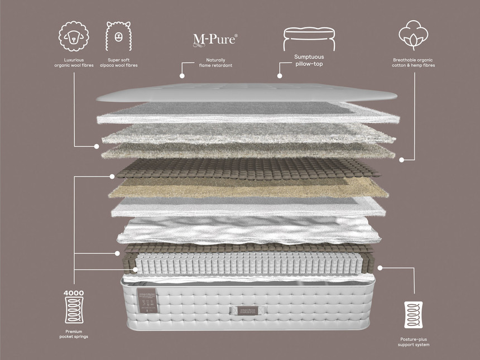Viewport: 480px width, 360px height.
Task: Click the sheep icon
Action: pos(74,37)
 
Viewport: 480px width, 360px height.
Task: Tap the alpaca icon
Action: pos(118,37)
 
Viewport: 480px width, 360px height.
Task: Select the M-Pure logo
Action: pos(215,39)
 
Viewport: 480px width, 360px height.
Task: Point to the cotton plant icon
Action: pos(414,35)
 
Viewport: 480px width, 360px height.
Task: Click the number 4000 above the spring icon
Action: pos(74,292)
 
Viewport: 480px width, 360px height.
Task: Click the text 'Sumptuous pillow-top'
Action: pos(309,60)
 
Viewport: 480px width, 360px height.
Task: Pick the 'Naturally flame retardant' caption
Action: pos(215,63)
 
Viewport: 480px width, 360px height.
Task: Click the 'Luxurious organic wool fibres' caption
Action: pos(74,63)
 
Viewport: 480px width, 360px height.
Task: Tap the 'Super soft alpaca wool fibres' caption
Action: pos(118,63)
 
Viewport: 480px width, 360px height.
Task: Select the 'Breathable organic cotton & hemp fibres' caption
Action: pos(414,63)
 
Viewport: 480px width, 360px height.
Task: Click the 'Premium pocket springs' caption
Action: pos(74,334)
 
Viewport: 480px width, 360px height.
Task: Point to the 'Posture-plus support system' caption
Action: pos(414,342)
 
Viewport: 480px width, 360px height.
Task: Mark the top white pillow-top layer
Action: pos(246,93)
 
